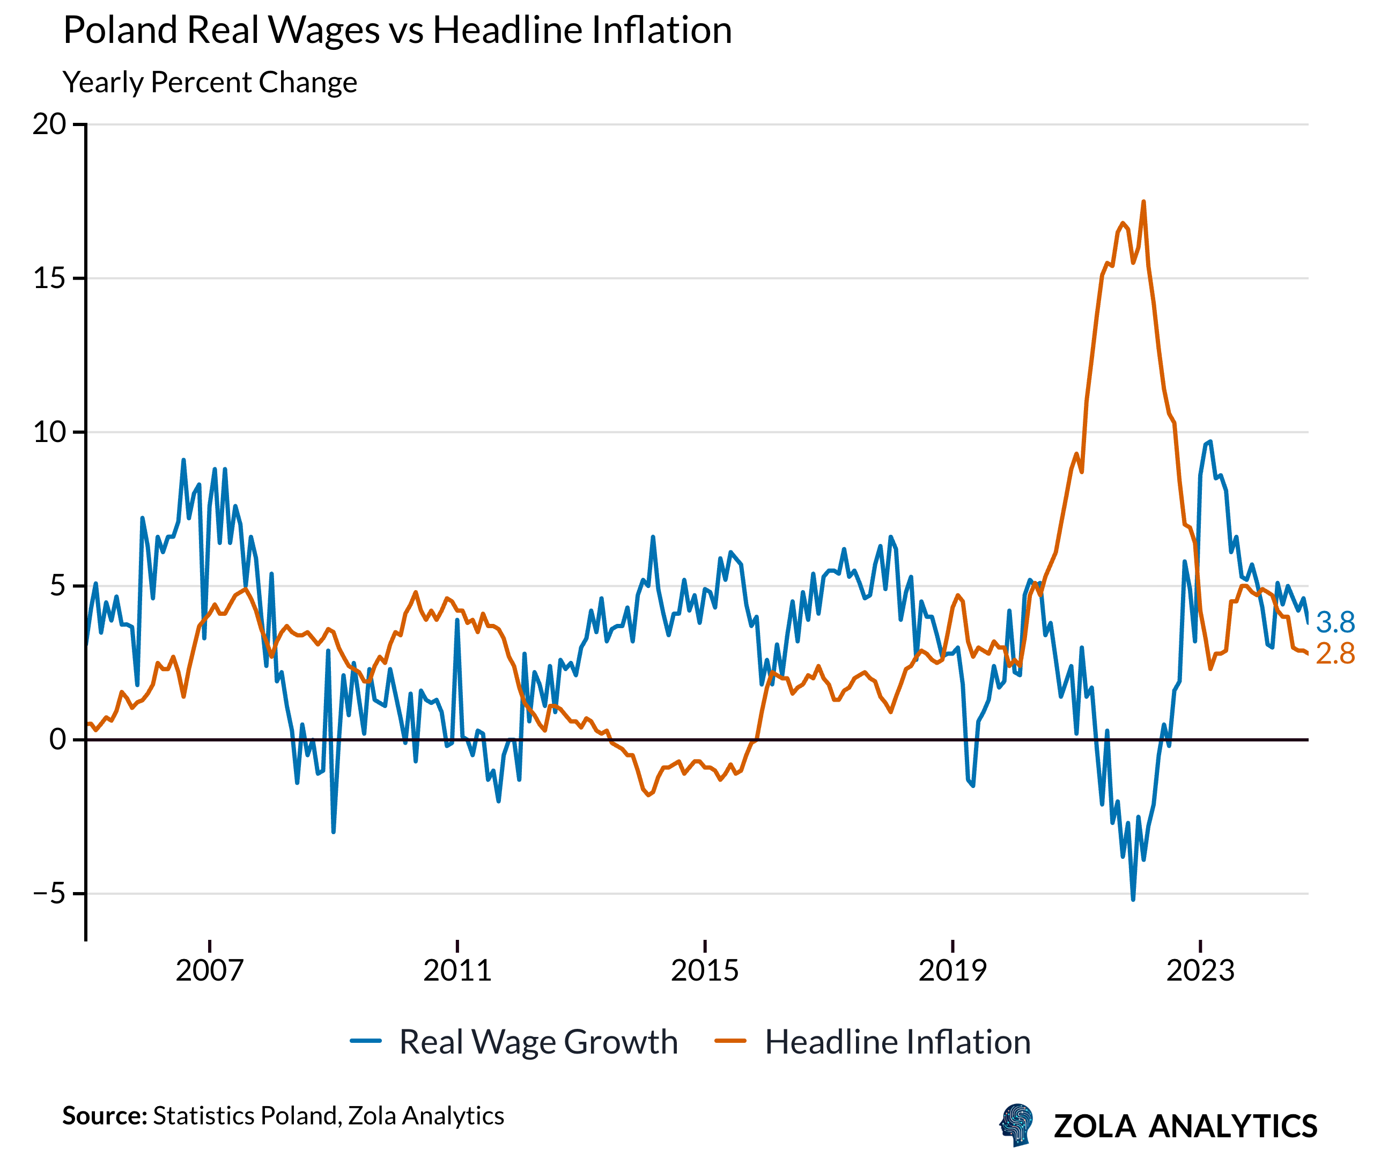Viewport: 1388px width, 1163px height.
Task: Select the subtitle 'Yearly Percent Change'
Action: pos(210,83)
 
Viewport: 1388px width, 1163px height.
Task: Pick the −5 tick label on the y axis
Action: pos(49,893)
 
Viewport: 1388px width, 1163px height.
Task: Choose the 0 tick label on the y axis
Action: pos(58,739)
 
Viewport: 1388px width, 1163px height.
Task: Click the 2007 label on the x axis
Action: pos(210,970)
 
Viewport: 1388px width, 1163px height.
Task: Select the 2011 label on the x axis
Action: pos(457,970)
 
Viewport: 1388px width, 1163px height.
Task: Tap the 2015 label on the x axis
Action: pos(705,970)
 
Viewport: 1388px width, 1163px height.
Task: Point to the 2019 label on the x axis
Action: pos(953,970)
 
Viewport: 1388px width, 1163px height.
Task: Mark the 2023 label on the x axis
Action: pos(1200,970)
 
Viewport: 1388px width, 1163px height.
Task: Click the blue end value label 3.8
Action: pos(1335,622)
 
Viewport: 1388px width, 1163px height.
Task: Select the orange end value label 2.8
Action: pos(1335,654)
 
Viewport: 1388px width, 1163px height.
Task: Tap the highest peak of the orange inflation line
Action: pos(1143,202)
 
